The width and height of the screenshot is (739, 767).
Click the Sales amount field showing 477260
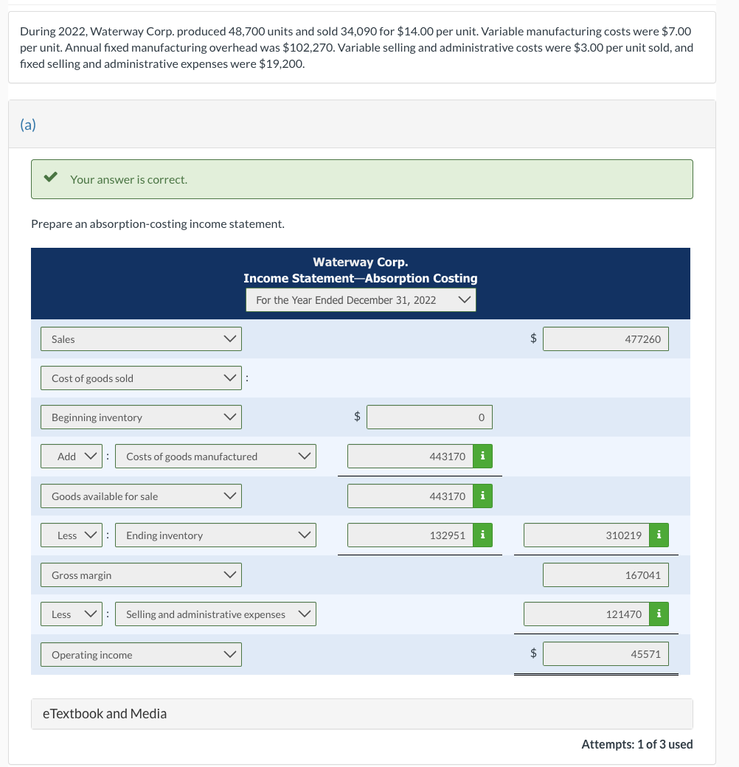click(x=606, y=339)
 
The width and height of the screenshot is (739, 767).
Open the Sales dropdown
click(x=141, y=339)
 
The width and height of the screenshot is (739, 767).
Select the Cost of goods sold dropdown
click(x=141, y=378)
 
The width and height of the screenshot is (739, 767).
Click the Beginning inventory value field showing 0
click(x=429, y=417)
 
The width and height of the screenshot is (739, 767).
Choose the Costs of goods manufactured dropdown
click(x=215, y=457)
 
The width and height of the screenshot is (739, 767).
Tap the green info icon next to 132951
click(x=482, y=535)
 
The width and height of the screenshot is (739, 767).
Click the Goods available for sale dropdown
click(x=141, y=496)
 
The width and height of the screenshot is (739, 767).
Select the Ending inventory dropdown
click(x=215, y=535)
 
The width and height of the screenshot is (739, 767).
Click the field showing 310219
click(x=586, y=535)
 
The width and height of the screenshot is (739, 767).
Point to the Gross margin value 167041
click(x=606, y=575)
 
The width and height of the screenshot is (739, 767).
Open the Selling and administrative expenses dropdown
click(x=215, y=614)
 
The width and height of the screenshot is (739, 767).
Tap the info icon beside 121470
click(x=658, y=614)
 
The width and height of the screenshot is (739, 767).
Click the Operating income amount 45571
click(x=606, y=654)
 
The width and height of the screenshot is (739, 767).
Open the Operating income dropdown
click(x=141, y=655)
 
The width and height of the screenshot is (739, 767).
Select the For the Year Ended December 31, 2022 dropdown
click(x=361, y=300)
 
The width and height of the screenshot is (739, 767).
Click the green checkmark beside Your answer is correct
click(x=50, y=178)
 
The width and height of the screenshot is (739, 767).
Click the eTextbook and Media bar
click(x=361, y=713)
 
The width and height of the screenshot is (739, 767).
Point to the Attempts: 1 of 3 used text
click(x=636, y=744)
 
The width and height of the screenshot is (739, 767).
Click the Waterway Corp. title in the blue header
click(x=360, y=262)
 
